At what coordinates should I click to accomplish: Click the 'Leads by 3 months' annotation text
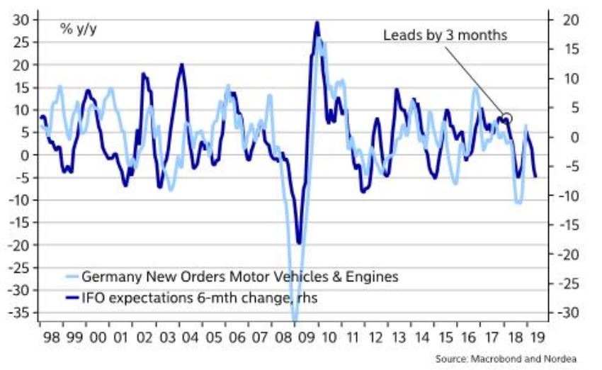(x=445, y=35)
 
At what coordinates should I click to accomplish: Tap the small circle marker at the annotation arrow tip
(x=506, y=118)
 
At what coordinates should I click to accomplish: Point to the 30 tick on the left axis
(x=21, y=19)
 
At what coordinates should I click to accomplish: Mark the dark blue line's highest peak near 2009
(x=316, y=23)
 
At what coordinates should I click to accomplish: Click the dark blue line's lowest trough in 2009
(x=299, y=243)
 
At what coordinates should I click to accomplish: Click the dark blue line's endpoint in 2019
(x=535, y=176)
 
